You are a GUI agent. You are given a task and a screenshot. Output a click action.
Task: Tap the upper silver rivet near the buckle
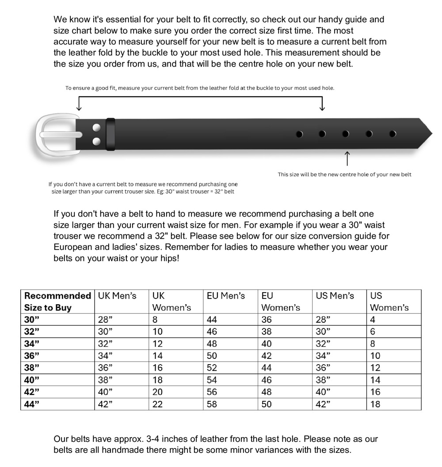point(96,128)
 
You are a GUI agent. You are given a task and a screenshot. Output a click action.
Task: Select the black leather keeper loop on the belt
point(110,134)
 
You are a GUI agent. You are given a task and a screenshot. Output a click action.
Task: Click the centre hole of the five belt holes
point(346,134)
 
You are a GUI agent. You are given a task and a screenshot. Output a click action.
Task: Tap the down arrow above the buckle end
point(79,104)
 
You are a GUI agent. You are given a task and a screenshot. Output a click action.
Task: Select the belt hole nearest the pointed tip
point(392,134)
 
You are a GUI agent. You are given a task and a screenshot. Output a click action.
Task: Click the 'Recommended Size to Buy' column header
point(57,301)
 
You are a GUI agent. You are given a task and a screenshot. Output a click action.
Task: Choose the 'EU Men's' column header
point(226,296)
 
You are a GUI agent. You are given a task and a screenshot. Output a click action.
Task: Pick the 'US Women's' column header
point(389,301)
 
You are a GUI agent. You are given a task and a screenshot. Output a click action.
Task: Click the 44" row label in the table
point(29,404)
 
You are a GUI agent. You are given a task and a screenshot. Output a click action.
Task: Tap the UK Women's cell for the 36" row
point(157,356)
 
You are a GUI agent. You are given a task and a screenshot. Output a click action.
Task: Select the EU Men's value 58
point(212,404)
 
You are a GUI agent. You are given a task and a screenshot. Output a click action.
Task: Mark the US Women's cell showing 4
point(373,320)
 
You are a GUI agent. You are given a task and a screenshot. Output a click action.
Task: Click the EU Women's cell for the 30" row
point(267,320)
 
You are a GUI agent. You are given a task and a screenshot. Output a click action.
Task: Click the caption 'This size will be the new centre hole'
point(344,174)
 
